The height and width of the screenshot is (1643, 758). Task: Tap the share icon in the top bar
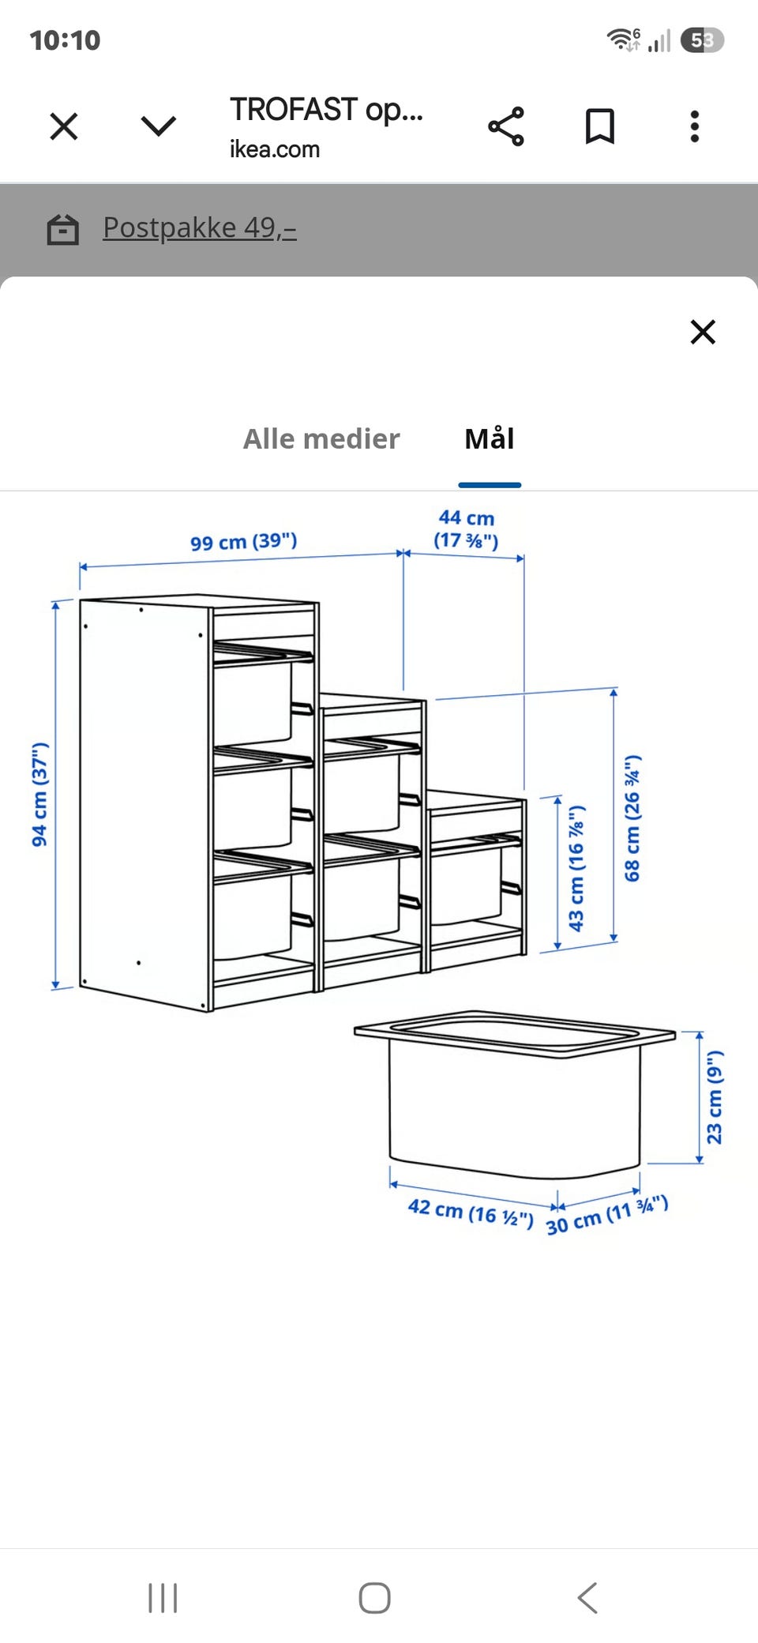pyautogui.click(x=506, y=126)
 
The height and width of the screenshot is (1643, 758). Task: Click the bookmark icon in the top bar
pyautogui.click(x=600, y=126)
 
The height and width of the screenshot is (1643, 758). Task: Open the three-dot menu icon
pyautogui.click(x=695, y=126)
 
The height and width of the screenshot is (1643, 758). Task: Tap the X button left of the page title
pyautogui.click(x=64, y=126)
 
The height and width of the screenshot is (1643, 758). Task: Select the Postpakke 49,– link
pyautogui.click(x=200, y=227)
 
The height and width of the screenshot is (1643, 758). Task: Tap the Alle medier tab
pyautogui.click(x=321, y=438)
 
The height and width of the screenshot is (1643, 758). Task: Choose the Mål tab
pyautogui.click(x=490, y=438)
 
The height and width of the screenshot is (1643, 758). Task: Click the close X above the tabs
pyautogui.click(x=703, y=332)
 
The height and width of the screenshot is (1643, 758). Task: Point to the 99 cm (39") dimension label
pyautogui.click(x=243, y=542)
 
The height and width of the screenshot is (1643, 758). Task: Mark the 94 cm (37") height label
pyautogui.click(x=39, y=795)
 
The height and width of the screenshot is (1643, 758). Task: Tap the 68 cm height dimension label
pyautogui.click(x=632, y=818)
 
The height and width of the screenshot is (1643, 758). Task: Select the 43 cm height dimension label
pyautogui.click(x=576, y=869)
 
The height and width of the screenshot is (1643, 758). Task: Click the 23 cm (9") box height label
pyautogui.click(x=715, y=1097)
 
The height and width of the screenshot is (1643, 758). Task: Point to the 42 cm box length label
pyautogui.click(x=471, y=1212)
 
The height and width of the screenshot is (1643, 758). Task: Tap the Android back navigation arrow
pyautogui.click(x=587, y=1597)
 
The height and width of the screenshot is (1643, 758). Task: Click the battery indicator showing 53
pyautogui.click(x=702, y=39)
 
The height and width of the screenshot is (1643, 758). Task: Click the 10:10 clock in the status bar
pyautogui.click(x=65, y=39)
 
